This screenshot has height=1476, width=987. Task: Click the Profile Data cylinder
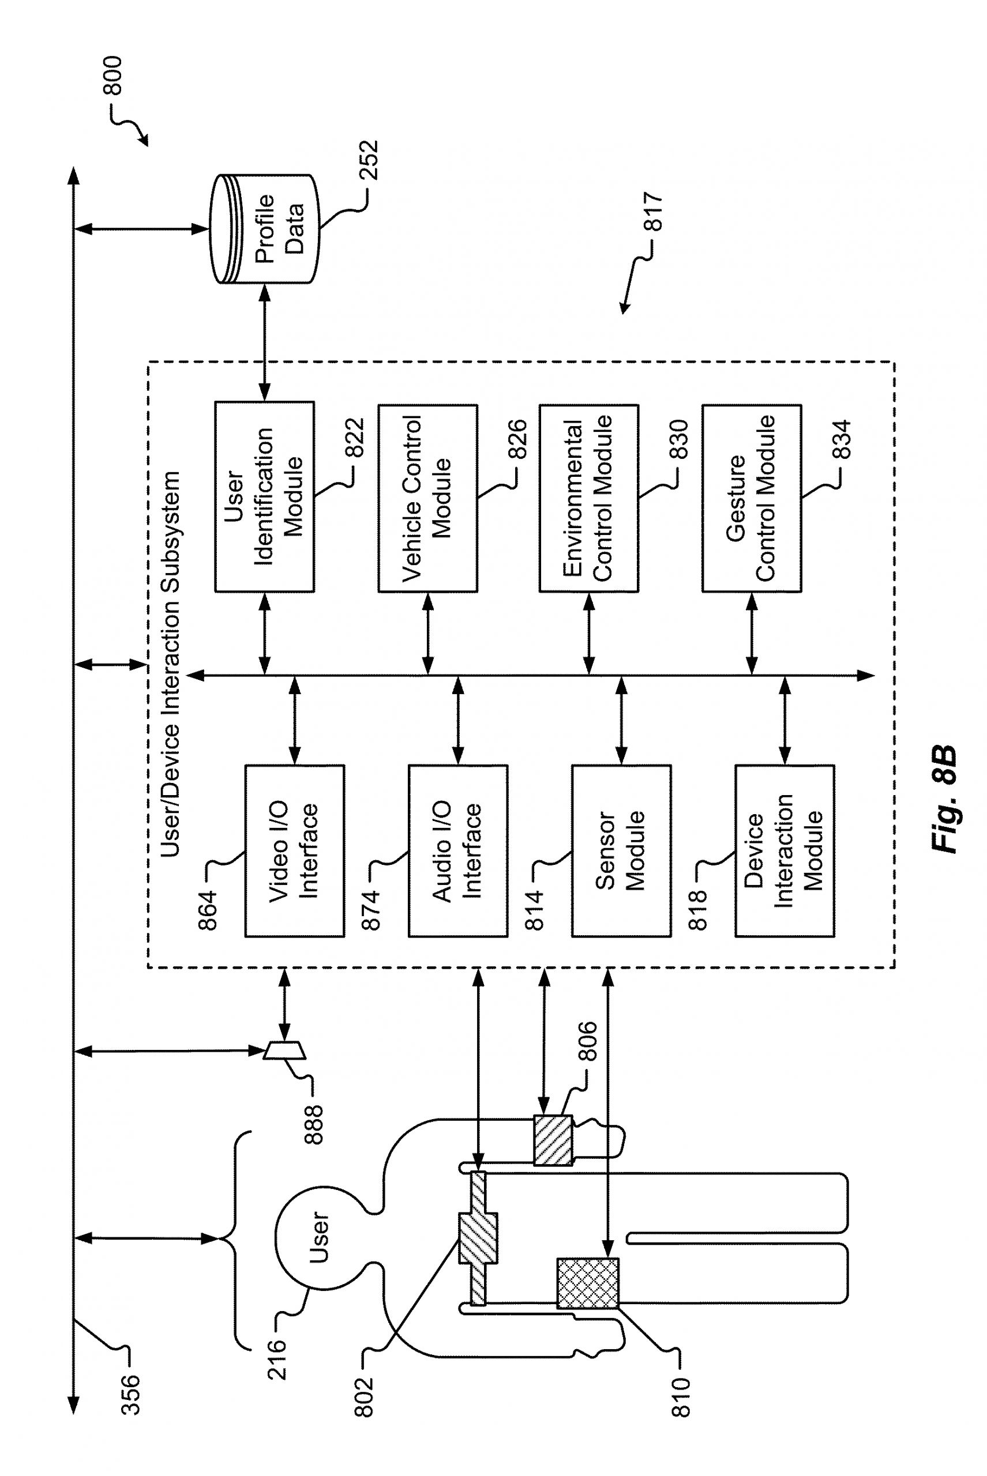tap(264, 229)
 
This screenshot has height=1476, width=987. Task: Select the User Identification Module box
tap(264, 497)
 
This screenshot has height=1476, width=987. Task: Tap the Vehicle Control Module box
tap(427, 498)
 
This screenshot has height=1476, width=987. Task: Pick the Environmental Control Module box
tap(588, 498)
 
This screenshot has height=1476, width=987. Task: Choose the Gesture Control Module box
tap(752, 498)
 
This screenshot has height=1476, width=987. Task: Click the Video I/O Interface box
tap(295, 851)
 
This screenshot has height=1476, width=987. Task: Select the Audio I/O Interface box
tap(457, 851)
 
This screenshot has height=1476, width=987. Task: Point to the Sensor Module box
tap(621, 851)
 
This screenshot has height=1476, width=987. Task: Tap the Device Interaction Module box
tap(785, 851)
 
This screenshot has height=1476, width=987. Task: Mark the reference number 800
tap(113, 76)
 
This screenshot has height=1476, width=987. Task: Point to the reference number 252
tap(369, 160)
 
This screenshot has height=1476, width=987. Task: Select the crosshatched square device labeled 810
tap(588, 1283)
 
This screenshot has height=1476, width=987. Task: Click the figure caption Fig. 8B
tap(944, 799)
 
